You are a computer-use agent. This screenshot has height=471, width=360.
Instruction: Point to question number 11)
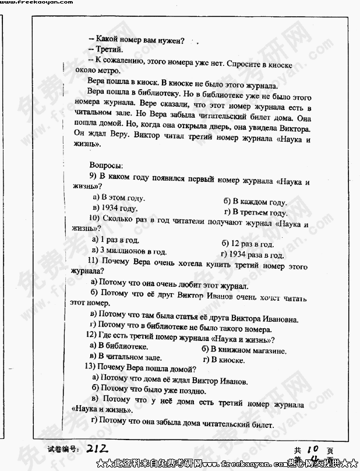point(95,261)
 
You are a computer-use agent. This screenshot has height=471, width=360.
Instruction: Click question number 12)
point(92,335)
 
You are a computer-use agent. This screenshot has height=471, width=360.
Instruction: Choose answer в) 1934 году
point(115,208)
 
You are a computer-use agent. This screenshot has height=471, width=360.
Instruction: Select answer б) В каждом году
point(255,202)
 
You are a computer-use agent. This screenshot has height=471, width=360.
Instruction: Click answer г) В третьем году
point(256,213)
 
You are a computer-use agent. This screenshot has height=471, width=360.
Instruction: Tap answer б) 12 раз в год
point(248,244)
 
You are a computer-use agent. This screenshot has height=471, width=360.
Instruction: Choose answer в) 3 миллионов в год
point(129,251)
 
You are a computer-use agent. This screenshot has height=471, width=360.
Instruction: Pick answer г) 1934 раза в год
point(252,255)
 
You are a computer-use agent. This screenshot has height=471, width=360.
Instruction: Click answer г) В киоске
point(224,360)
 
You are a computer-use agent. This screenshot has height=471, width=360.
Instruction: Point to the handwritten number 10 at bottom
point(311,449)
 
